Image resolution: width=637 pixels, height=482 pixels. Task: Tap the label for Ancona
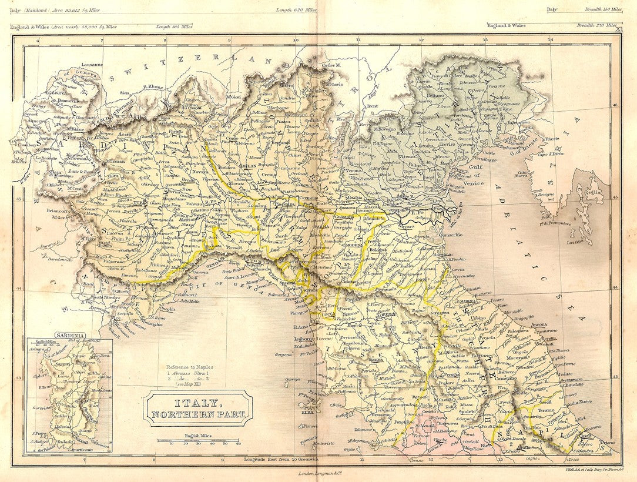point(521,324)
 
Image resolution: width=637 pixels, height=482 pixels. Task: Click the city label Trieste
point(551,139)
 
